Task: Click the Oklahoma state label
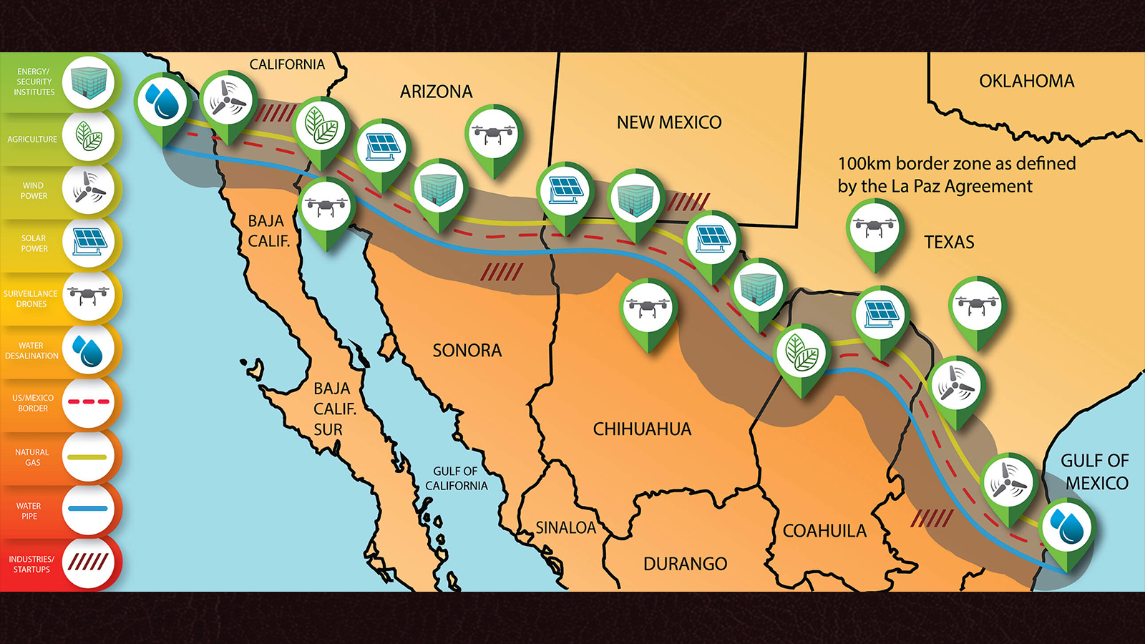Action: point(1026,82)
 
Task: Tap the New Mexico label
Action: point(669,122)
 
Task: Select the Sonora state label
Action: point(467,351)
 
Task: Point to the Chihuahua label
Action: point(642,429)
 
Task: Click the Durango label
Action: point(685,564)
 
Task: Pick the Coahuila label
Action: point(824,531)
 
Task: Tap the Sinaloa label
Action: point(565,528)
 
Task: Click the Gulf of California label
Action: point(456,479)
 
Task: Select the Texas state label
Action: point(949,242)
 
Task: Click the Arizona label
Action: point(436,92)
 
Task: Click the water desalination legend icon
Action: point(89,351)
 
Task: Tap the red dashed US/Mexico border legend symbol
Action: point(89,402)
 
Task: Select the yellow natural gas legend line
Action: point(89,457)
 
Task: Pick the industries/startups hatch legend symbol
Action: point(89,562)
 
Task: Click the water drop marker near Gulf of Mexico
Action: point(1066,528)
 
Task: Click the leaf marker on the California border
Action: point(322,125)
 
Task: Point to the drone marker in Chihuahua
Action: point(648,308)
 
